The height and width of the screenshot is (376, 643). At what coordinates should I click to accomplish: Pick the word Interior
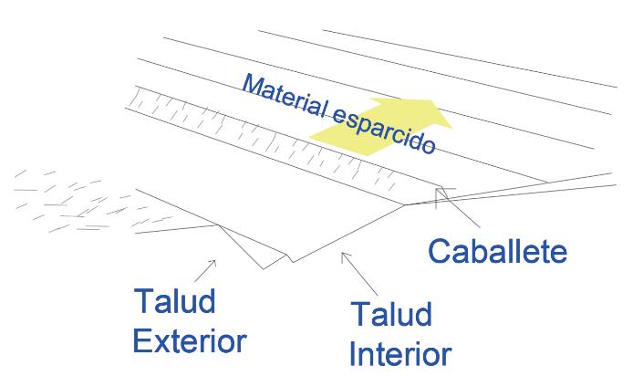click(x=399, y=352)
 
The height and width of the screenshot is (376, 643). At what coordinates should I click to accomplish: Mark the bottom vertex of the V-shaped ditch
click(x=291, y=261)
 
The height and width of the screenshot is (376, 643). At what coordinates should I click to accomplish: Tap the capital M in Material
click(x=252, y=86)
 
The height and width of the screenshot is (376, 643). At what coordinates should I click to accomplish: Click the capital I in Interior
click(x=355, y=352)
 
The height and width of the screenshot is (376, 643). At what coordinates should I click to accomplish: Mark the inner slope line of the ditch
click(x=347, y=233)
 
